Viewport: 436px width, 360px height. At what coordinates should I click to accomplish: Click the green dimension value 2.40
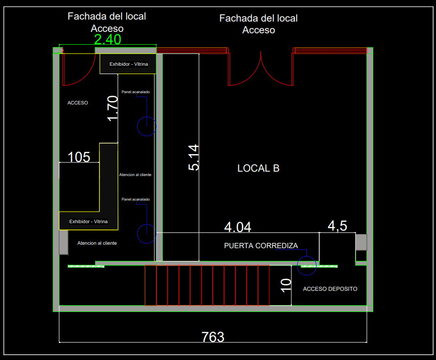tap(107, 39)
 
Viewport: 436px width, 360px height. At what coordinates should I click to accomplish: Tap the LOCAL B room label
tap(258, 168)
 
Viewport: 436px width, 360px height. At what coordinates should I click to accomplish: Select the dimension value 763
tap(213, 337)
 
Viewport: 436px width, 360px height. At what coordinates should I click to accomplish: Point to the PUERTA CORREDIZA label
tap(261, 246)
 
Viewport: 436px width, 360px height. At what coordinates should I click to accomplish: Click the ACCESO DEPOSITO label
tap(330, 289)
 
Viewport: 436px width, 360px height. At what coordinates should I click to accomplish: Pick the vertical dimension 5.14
tap(194, 157)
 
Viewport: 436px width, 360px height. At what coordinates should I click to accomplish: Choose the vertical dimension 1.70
tap(113, 108)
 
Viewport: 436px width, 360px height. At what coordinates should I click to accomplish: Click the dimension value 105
tap(79, 157)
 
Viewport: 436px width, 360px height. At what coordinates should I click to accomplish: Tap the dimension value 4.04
tap(238, 227)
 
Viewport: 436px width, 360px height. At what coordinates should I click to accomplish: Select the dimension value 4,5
tap(337, 226)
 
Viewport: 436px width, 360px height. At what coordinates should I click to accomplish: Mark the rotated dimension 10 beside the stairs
tap(286, 285)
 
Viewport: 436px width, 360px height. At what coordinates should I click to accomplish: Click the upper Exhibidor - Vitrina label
tap(128, 64)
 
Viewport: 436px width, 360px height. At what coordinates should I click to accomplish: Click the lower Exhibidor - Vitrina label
tap(88, 222)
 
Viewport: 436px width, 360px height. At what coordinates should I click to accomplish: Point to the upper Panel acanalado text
tap(136, 92)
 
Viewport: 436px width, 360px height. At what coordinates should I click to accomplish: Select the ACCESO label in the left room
tap(77, 103)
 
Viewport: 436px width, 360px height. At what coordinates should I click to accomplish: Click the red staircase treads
tap(207, 285)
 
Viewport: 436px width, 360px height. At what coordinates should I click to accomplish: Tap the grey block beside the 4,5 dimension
tap(361, 242)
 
